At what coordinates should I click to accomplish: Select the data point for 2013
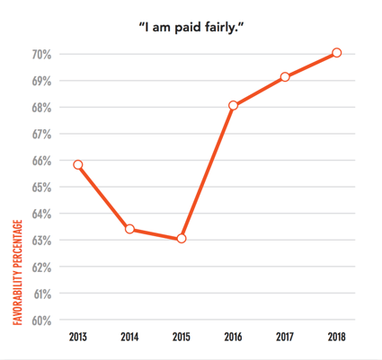click(x=78, y=164)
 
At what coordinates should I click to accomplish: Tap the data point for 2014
click(x=129, y=229)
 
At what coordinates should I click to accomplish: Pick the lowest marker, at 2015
click(x=181, y=239)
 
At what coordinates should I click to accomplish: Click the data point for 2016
click(x=233, y=106)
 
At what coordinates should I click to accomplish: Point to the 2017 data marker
click(x=285, y=77)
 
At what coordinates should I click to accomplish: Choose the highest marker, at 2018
click(x=336, y=53)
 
